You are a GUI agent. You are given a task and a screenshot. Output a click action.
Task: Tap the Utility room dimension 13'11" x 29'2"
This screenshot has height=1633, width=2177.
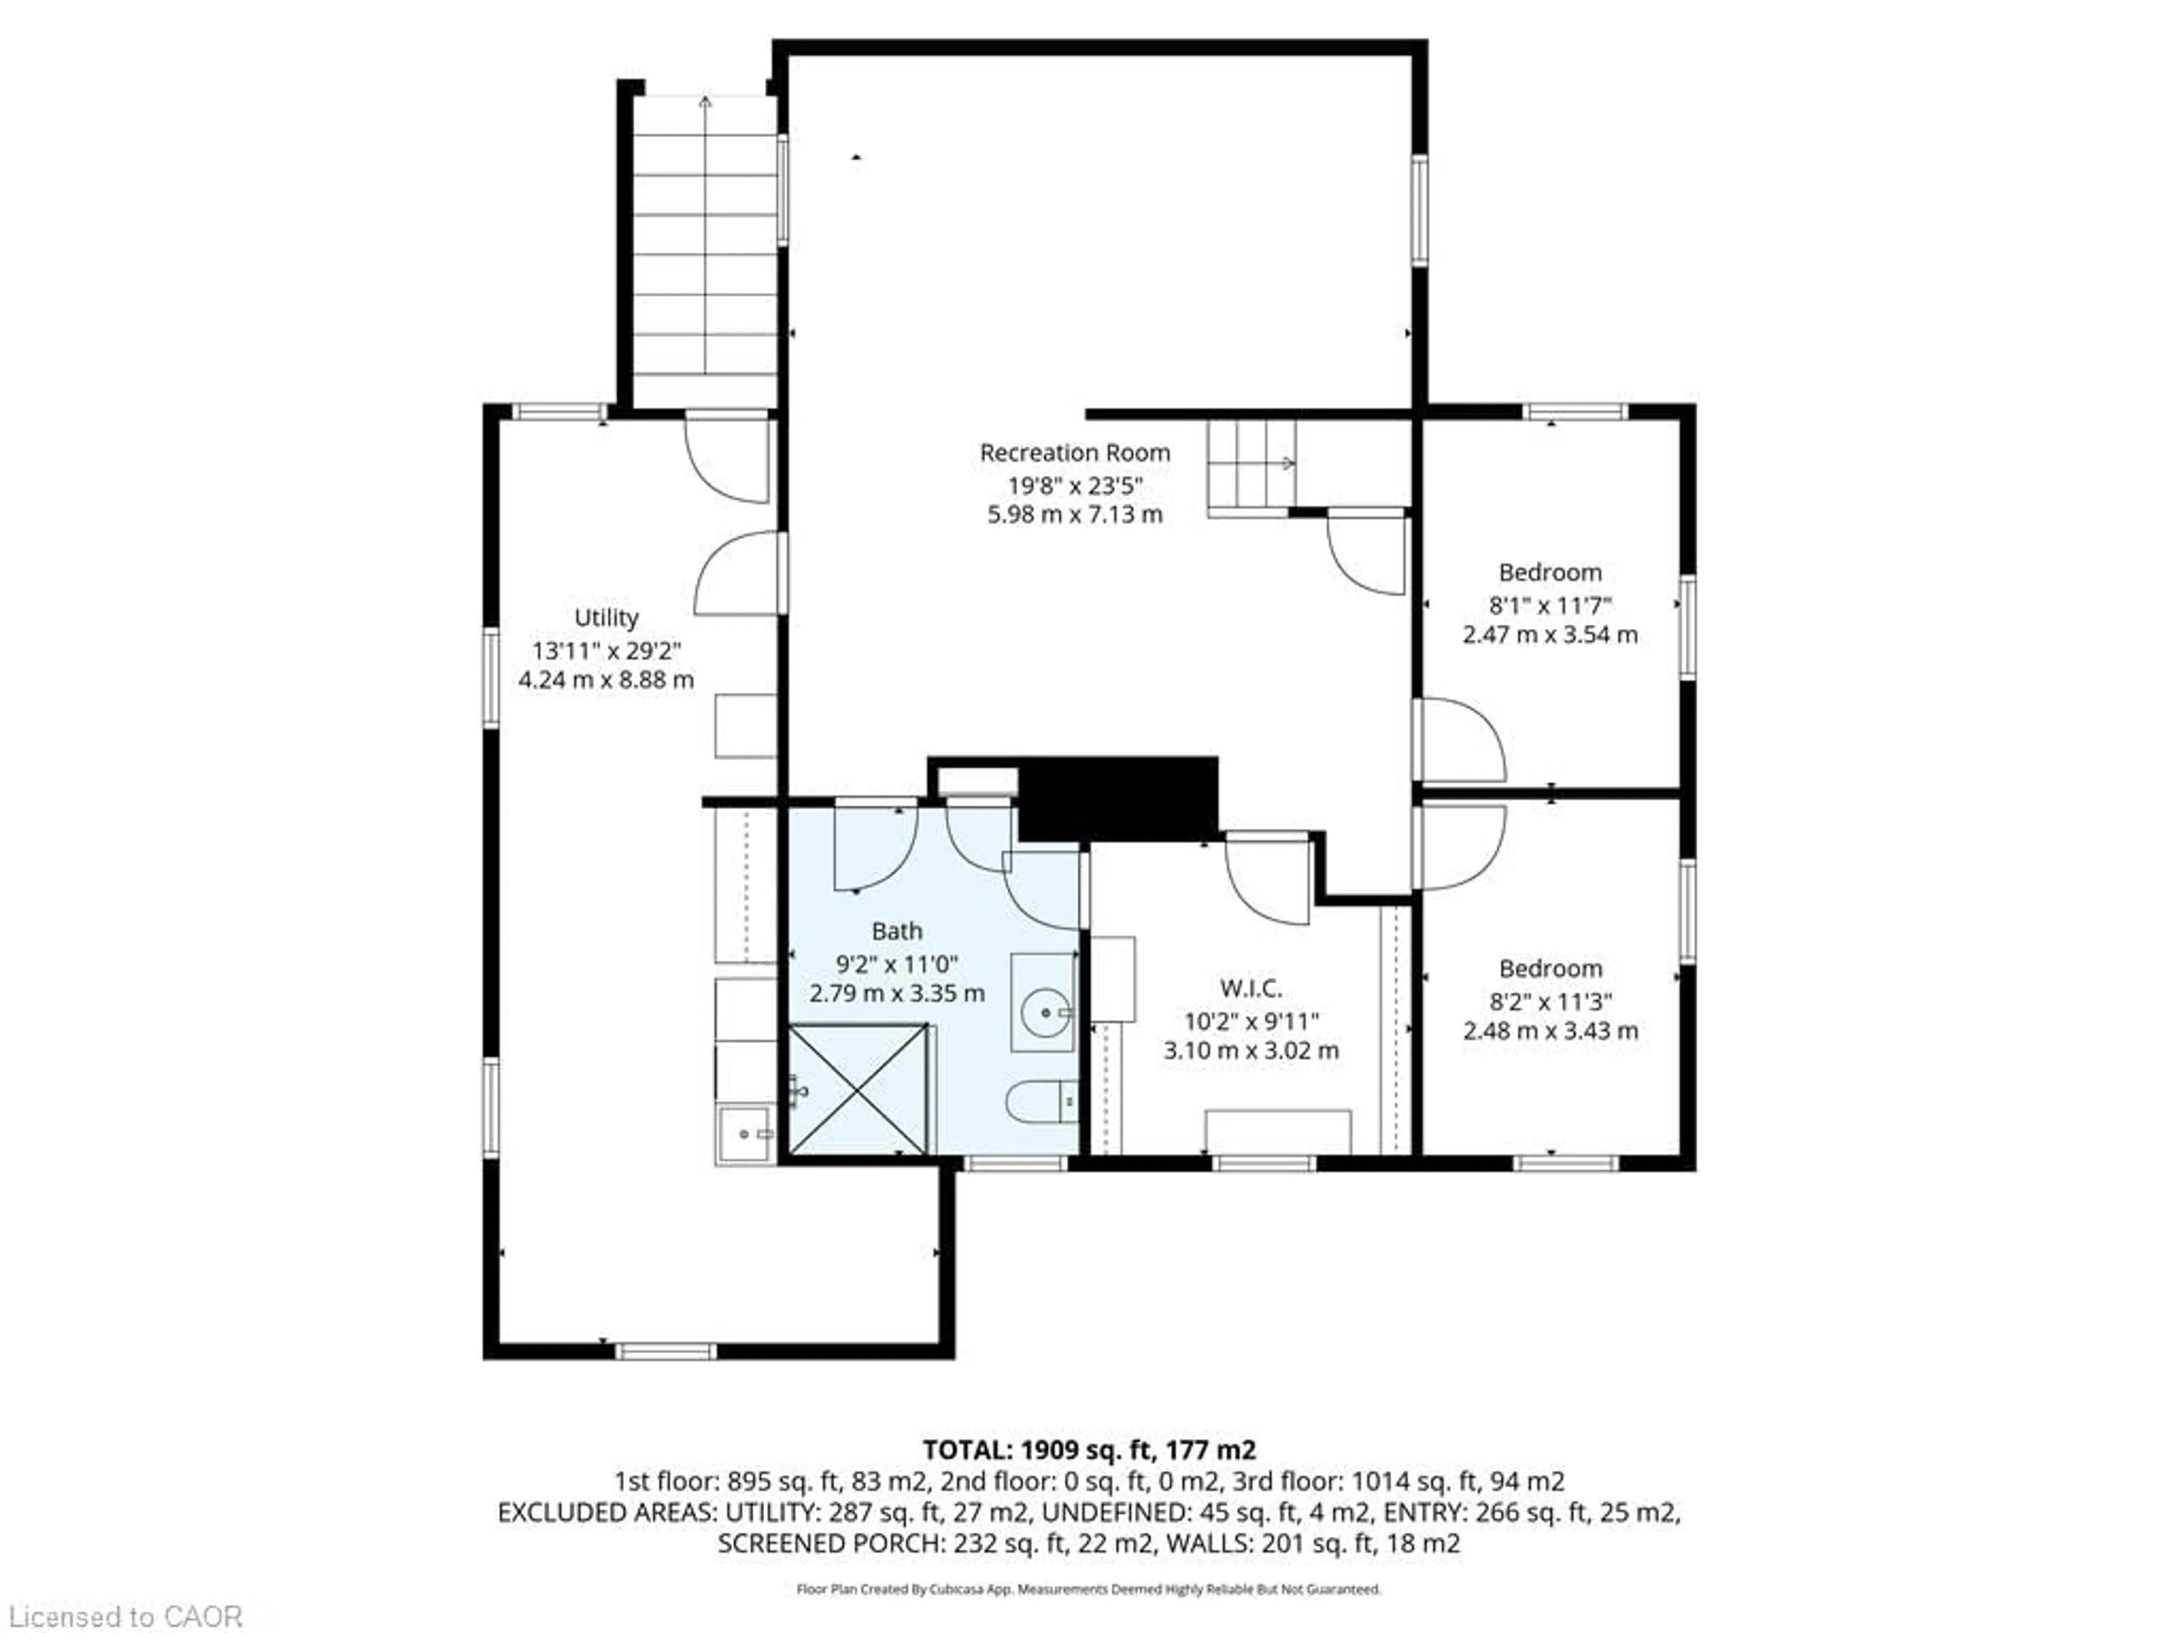point(606,650)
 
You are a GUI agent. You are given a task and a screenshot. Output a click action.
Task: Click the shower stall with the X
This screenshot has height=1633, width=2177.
point(858,1089)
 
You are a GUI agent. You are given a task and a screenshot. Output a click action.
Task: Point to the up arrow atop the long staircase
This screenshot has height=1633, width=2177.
point(705,101)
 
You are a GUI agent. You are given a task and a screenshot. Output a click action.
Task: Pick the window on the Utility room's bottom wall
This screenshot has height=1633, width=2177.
point(666,1352)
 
